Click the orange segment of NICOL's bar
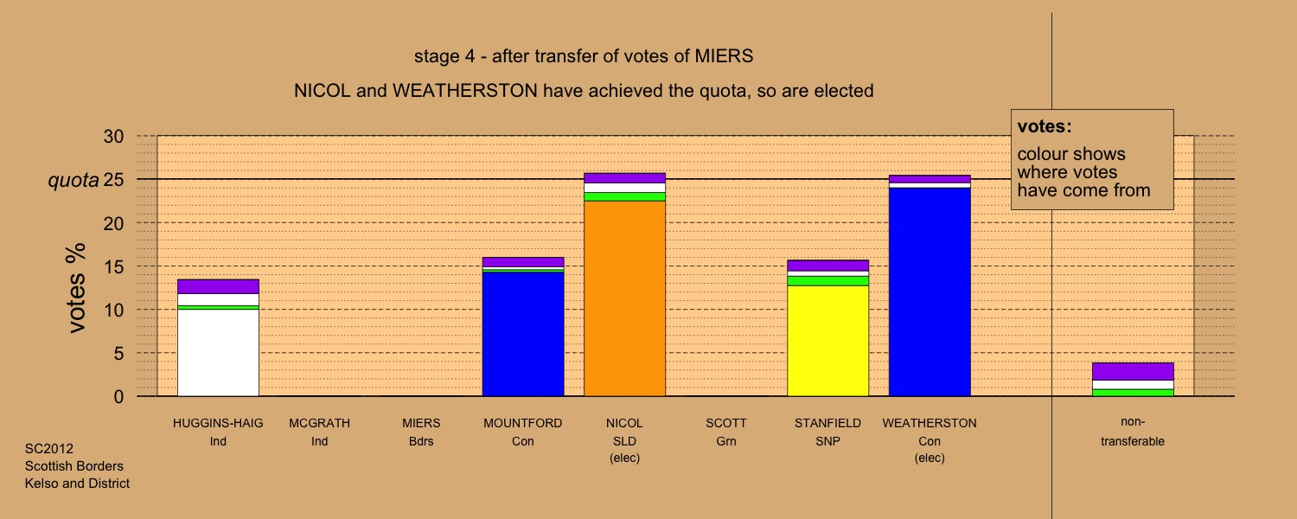point(624,298)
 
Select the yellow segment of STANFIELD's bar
point(827,341)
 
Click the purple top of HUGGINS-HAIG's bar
point(218,286)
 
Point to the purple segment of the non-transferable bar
point(1133,371)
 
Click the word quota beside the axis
point(73,181)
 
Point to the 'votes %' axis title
point(77,287)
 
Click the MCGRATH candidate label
point(320,424)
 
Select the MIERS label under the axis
point(421,424)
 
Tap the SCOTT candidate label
point(726,424)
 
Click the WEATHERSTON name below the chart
point(930,424)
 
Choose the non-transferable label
point(1133,432)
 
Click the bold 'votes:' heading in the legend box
point(1045,126)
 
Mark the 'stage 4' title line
point(584,57)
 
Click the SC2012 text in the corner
point(49,449)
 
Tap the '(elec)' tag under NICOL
point(624,458)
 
